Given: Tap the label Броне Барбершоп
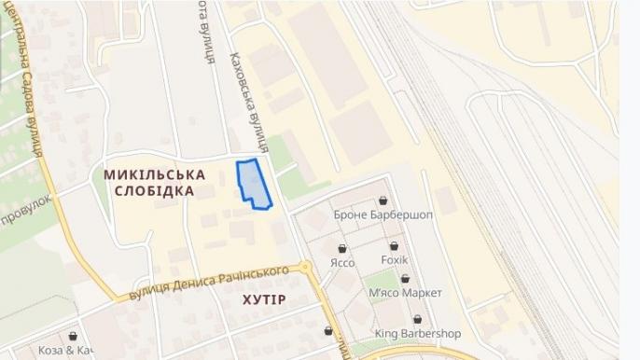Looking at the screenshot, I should pyautogui.click(x=383, y=215).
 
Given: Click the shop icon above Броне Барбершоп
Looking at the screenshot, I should pyautogui.click(x=383, y=200).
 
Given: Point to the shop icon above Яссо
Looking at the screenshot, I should pyautogui.click(x=343, y=248).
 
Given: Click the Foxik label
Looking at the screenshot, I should pyautogui.click(x=395, y=258).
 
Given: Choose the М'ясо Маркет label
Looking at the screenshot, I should pyautogui.click(x=405, y=292).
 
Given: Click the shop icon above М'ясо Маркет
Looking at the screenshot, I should pyautogui.click(x=405, y=278).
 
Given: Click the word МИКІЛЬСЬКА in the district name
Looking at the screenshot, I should pyautogui.click(x=155, y=173).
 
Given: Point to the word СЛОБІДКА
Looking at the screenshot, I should pyautogui.click(x=155, y=190).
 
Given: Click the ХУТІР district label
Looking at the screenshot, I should pyautogui.click(x=264, y=298).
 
